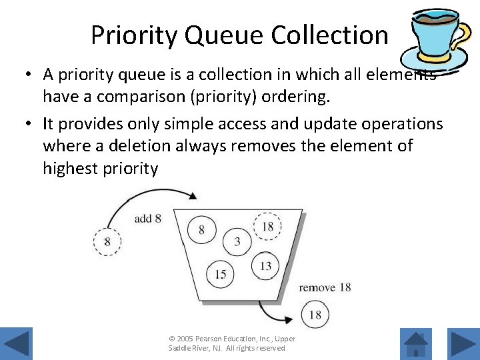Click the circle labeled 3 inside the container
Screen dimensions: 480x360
point(237,241)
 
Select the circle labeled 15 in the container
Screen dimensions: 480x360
point(221,274)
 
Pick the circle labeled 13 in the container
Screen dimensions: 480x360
point(265,266)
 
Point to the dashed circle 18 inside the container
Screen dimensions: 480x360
point(267,227)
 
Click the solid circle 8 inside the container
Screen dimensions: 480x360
point(202,230)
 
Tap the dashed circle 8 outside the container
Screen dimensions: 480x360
point(107,242)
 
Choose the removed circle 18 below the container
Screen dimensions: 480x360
point(315,314)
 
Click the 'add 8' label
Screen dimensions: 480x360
point(147,218)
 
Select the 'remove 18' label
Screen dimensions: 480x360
point(325,287)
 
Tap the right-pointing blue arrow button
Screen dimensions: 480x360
point(462,343)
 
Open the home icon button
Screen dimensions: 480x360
point(417,343)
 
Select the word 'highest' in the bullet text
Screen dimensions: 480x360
point(70,169)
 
